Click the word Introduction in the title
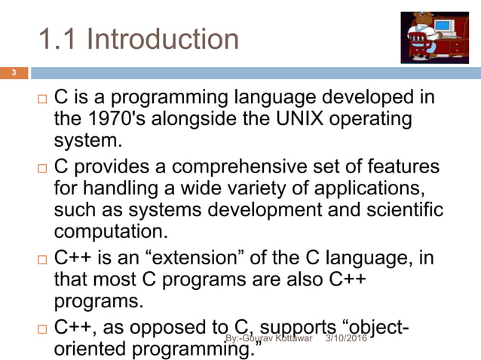[163, 38]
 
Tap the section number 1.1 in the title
[57, 38]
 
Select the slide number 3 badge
[13, 73]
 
